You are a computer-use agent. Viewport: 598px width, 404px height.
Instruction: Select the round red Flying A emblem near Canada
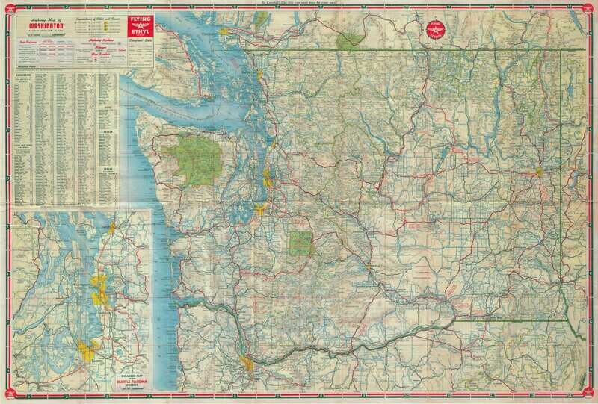(434, 31)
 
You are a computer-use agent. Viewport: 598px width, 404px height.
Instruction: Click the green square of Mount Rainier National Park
(302, 243)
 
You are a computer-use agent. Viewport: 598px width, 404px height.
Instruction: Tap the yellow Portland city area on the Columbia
(249, 365)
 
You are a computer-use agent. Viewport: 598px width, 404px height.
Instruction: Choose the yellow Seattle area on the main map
(268, 178)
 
